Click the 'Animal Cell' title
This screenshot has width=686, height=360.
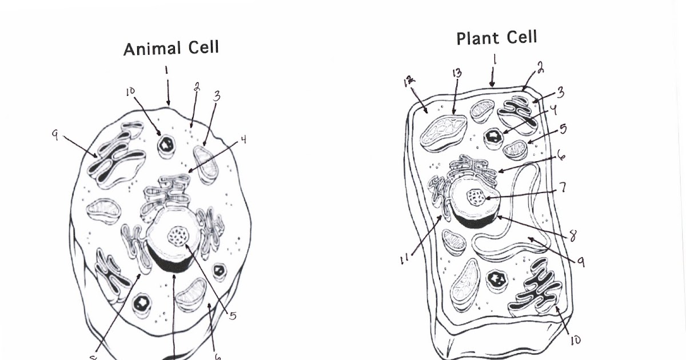click(x=171, y=49)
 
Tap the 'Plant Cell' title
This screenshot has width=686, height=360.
click(x=496, y=38)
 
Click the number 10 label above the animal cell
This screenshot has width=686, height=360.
click(x=131, y=91)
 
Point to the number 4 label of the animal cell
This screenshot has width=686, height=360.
click(x=243, y=139)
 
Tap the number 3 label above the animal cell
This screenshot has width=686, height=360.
click(x=217, y=96)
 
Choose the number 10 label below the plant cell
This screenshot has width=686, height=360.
click(x=575, y=340)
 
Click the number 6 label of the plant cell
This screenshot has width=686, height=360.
click(x=562, y=155)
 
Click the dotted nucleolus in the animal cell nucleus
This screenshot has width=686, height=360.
click(x=177, y=235)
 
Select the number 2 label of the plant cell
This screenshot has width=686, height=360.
click(x=540, y=69)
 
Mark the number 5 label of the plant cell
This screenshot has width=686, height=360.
click(x=564, y=129)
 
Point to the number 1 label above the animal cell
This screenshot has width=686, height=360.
click(x=166, y=70)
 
